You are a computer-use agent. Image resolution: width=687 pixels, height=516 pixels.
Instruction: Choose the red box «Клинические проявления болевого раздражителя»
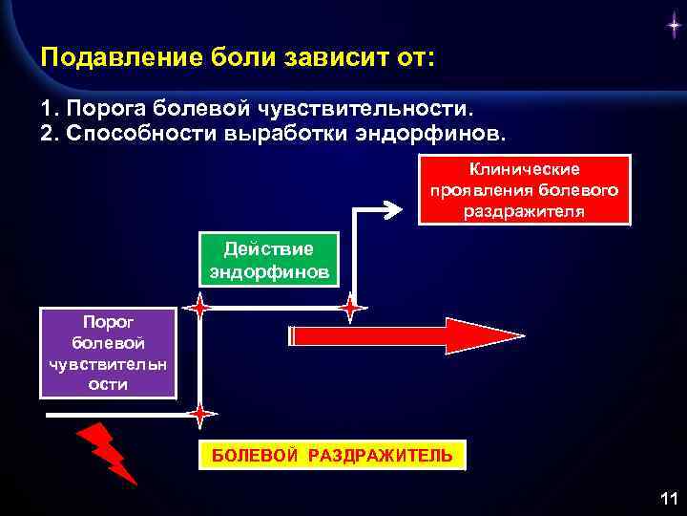coord(525,190)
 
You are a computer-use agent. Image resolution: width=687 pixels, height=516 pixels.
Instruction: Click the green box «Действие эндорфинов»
coord(268,260)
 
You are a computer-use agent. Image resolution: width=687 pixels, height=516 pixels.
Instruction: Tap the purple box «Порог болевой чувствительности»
coord(108,352)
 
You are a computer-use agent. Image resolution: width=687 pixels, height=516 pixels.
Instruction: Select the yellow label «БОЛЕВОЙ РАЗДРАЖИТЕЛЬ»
coord(332,456)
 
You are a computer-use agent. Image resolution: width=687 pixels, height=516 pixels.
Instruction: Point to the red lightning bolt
coord(108,453)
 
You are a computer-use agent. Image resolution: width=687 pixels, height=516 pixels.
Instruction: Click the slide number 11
coord(667,498)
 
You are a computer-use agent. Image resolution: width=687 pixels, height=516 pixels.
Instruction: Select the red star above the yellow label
coord(199,415)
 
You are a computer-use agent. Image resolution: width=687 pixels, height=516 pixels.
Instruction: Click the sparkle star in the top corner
coord(672,28)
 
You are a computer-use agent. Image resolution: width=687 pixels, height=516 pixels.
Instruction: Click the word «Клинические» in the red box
coord(525,169)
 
